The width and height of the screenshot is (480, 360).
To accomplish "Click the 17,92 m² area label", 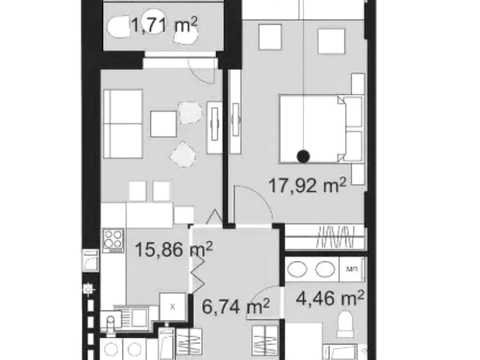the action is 307,186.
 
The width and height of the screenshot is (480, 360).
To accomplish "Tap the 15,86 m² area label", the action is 174,249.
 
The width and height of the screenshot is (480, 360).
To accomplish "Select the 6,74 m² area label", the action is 236,306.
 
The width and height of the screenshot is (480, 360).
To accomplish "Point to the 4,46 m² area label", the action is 330,298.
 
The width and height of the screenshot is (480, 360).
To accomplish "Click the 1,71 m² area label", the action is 164,25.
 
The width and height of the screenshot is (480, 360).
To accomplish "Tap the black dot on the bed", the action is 303,156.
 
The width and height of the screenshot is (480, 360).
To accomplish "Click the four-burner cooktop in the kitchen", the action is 113,240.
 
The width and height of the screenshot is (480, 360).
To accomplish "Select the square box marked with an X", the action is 172,307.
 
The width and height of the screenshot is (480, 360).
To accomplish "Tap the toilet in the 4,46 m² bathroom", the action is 345,324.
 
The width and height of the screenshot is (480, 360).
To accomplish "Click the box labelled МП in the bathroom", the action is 351,269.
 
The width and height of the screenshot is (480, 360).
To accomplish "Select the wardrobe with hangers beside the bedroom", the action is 326,236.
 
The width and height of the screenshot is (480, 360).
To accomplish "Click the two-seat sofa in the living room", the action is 123,124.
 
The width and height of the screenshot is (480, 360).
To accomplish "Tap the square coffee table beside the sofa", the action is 163,124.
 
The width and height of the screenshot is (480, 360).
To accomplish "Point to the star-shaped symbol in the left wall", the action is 88,289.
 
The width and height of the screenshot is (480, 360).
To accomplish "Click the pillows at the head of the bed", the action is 353,129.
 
